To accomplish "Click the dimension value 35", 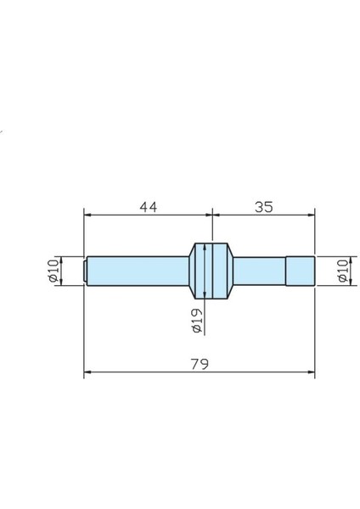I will click(x=263, y=206).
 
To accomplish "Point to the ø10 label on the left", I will click(x=52, y=271).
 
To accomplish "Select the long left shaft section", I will click(x=136, y=271).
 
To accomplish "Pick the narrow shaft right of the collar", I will click(x=259, y=271).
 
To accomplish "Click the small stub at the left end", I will click(x=86, y=271).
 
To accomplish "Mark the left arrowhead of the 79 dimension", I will click(x=87, y=372).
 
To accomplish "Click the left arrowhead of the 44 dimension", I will click(x=87, y=215).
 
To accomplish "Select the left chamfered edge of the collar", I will click(x=189, y=271).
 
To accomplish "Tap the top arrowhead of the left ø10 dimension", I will click(x=59, y=259).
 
